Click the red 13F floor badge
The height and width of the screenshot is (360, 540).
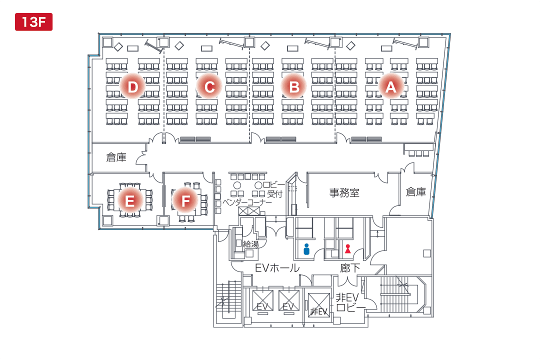point(33,22)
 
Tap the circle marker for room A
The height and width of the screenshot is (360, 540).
point(390,87)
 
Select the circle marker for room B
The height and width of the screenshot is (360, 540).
point(294,87)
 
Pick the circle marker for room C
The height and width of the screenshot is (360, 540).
point(209,87)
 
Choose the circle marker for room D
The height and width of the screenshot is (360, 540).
point(132,87)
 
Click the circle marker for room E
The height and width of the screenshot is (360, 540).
point(130,201)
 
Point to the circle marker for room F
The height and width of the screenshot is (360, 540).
point(185,201)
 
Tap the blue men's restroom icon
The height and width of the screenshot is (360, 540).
point(306,248)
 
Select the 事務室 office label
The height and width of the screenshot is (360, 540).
point(344,192)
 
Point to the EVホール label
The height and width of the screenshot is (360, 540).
point(277,268)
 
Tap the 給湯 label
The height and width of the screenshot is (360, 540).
point(250,244)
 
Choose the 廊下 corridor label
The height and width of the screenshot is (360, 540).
point(350,268)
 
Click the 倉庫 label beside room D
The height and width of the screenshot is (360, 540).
point(116,157)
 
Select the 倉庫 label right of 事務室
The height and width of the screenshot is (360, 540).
point(416,191)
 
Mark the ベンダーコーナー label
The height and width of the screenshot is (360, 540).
point(247,203)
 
